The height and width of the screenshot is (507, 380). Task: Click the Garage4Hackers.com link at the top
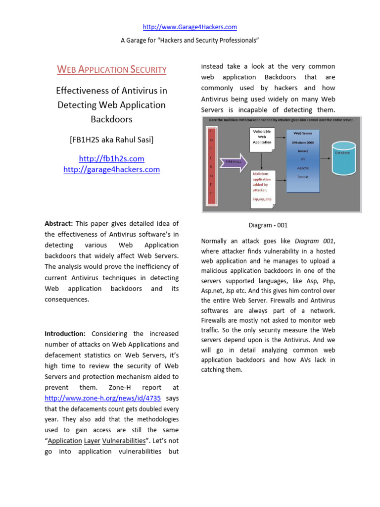190,27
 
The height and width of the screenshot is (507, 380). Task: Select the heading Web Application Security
112,69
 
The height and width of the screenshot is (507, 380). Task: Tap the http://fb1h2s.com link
111,159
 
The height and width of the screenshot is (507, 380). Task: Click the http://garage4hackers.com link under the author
111,169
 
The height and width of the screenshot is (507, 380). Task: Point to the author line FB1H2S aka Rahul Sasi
111,140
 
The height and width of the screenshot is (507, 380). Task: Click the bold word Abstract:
59,224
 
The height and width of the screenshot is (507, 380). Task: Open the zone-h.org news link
102,398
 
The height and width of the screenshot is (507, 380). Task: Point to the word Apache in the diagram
303,168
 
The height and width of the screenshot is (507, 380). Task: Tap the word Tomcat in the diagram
303,177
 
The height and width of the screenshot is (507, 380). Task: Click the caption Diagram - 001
268,225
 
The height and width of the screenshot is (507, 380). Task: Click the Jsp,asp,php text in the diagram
262,199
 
